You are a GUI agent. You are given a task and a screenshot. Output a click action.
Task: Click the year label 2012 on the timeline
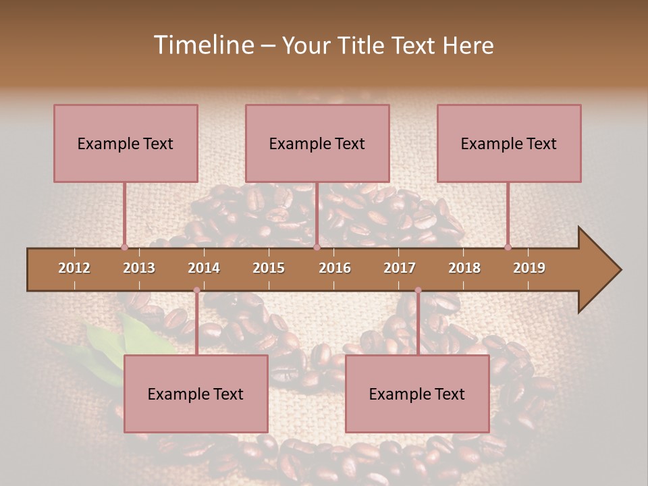click(x=74, y=268)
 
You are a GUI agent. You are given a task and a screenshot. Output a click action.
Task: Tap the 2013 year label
click(x=139, y=268)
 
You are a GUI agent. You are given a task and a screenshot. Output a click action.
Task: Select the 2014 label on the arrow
click(x=204, y=268)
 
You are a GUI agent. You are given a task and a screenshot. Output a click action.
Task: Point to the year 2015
click(x=269, y=268)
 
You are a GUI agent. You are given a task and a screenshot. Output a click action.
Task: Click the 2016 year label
click(x=335, y=268)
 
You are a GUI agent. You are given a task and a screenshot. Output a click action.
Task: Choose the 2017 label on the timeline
click(x=400, y=268)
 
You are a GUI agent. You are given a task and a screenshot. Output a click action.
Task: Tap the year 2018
click(x=464, y=268)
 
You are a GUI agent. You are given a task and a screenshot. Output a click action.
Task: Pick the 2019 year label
click(x=529, y=268)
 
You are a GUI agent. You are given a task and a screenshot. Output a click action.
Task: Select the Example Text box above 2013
click(x=126, y=143)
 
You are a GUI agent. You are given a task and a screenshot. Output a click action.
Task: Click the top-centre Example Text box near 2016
click(x=317, y=143)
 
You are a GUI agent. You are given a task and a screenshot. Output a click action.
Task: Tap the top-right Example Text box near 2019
click(x=509, y=143)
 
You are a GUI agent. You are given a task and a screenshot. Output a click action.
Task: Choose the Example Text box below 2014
click(x=196, y=394)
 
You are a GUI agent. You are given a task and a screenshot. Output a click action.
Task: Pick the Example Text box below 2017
click(x=417, y=394)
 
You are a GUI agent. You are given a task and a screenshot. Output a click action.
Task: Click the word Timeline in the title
click(x=202, y=45)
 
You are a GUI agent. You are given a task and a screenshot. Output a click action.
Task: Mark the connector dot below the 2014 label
click(x=196, y=290)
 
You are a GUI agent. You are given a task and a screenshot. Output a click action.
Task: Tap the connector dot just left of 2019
click(x=508, y=247)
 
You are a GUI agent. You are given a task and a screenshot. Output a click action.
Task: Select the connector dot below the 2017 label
click(x=418, y=290)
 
